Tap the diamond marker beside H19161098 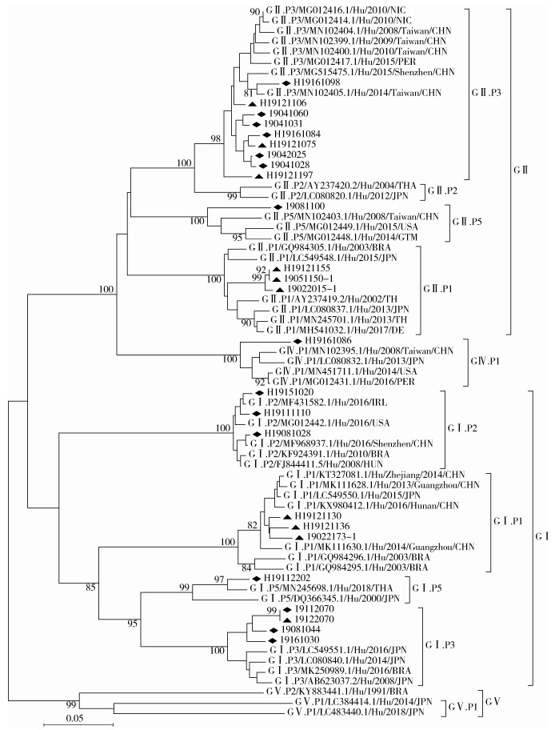(285, 82)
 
